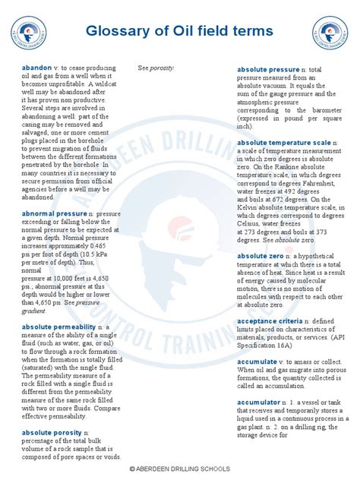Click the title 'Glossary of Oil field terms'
(180, 31)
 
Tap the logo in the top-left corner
(30, 33)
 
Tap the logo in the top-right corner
(330, 33)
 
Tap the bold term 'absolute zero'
(264, 257)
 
